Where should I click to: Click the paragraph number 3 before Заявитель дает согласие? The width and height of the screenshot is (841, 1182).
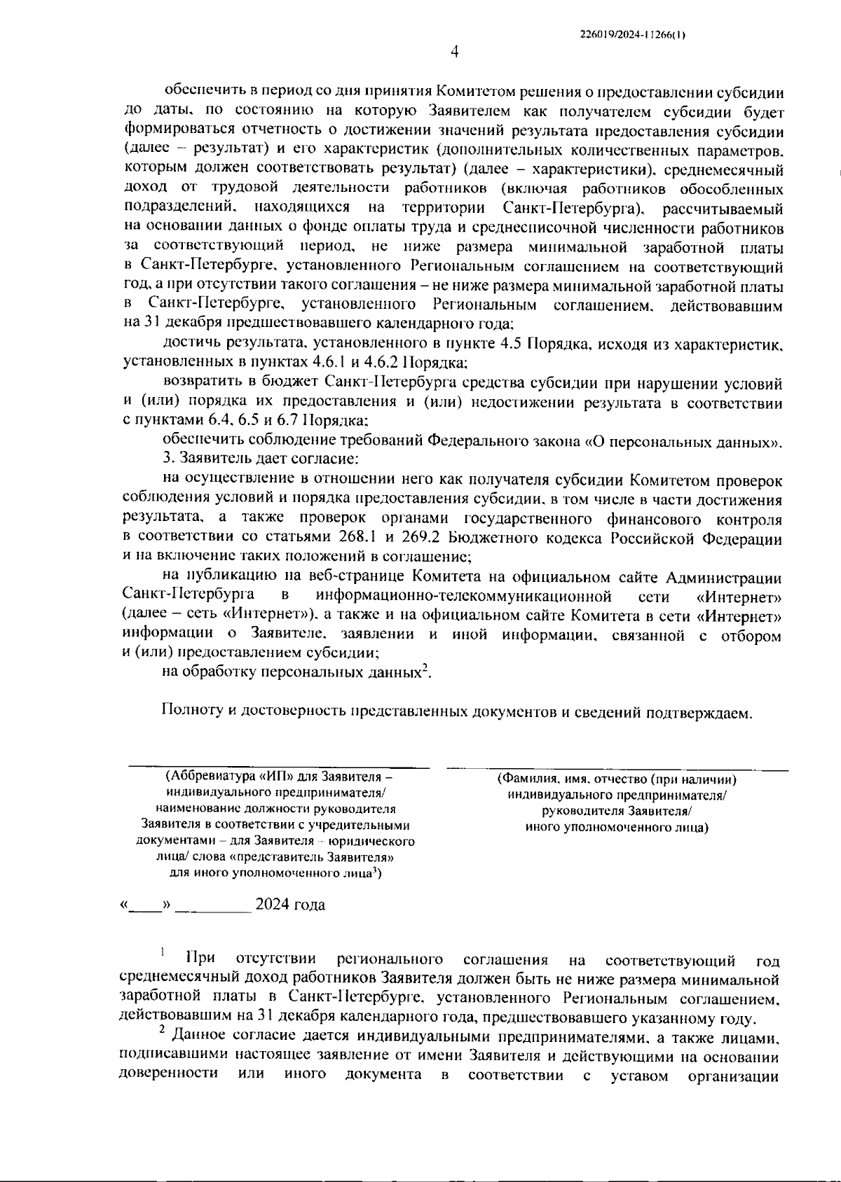[167, 459]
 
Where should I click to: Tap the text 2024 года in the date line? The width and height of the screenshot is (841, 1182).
[289, 905]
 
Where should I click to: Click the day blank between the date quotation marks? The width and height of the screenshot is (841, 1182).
[146, 906]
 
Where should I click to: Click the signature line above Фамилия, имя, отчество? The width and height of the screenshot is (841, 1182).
[617, 769]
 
